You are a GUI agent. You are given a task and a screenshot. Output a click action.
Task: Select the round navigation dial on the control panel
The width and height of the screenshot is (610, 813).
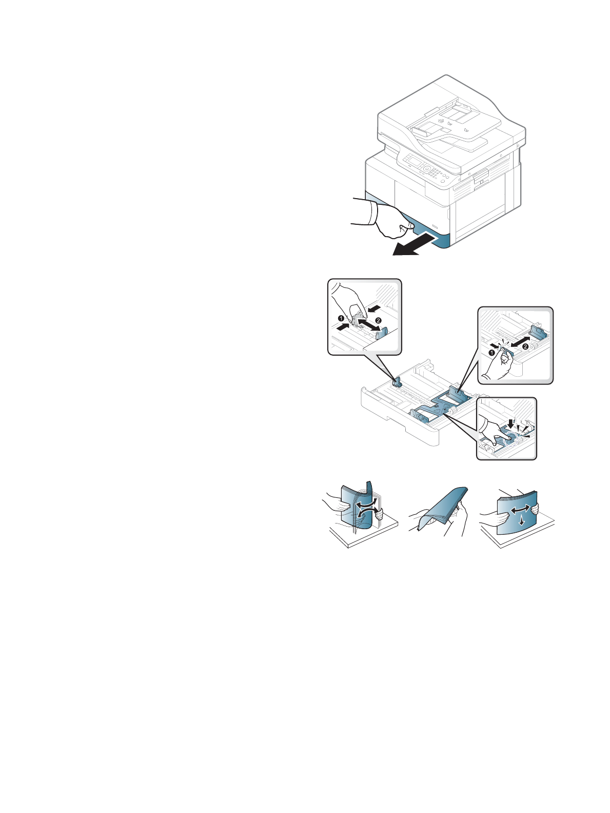426,168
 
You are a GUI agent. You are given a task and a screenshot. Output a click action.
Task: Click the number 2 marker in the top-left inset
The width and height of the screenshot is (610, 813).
378,320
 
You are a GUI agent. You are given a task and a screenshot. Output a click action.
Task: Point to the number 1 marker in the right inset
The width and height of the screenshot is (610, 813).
491,353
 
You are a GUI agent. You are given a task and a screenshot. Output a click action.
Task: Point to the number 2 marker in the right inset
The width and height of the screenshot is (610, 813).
526,347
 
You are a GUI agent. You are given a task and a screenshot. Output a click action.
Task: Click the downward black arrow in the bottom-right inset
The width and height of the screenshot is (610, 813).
511,423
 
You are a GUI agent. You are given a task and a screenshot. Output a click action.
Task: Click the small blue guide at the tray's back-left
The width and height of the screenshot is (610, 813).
397,382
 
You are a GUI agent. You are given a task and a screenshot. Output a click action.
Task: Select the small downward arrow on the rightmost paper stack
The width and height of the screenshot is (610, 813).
522,521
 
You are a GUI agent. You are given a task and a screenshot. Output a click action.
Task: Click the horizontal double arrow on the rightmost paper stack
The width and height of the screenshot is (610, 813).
520,510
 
